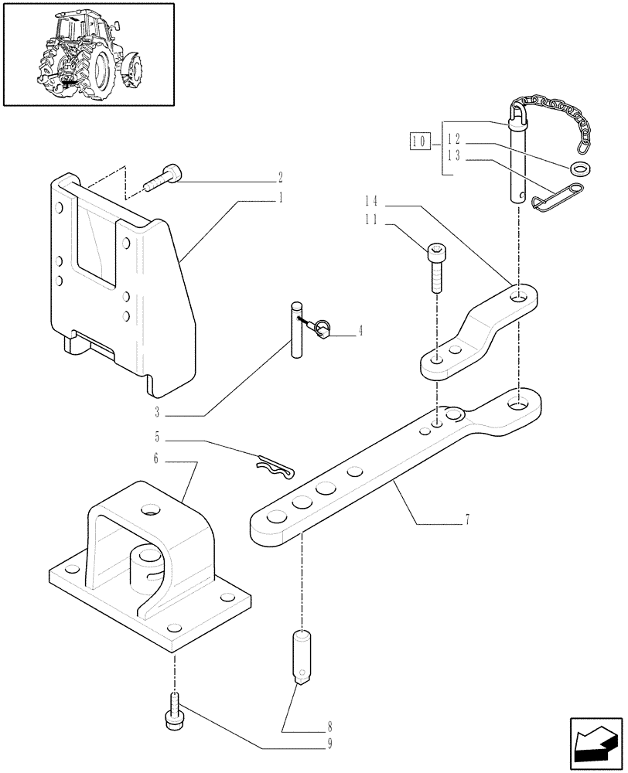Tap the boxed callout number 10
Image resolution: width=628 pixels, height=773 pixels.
[x=419, y=141]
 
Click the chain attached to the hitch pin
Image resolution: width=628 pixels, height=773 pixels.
[x=561, y=123]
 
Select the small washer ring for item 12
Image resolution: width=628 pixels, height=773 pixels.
[x=576, y=169]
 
